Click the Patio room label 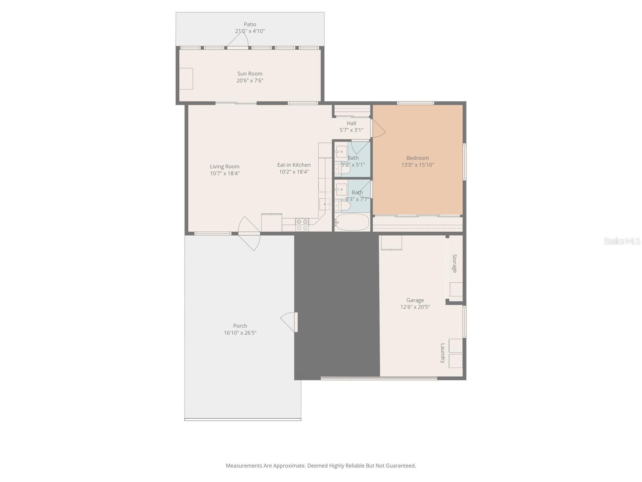[x=250, y=25]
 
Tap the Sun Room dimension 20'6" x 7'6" [x=250, y=80]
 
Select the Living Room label [x=225, y=166]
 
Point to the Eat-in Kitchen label [x=294, y=165]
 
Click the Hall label [x=351, y=123]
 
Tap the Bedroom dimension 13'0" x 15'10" [x=418, y=165]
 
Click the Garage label [x=415, y=300]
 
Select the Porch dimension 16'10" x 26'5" [x=240, y=333]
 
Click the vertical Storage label [x=455, y=263]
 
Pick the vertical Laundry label [x=443, y=353]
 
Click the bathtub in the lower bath [x=352, y=222]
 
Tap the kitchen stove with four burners [x=302, y=225]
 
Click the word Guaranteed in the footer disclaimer [x=400, y=466]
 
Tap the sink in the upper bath [x=341, y=151]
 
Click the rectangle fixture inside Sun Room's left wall [x=186, y=78]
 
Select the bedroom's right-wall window [x=464, y=161]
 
